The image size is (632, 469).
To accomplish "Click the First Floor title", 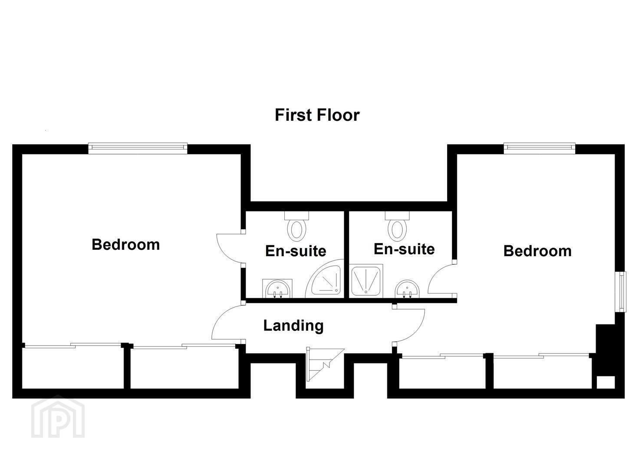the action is tap(317, 115).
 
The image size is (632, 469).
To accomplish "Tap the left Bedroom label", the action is tap(125, 244).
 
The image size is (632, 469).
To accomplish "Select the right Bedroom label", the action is tap(537, 251).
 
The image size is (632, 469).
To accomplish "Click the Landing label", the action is tap(293, 326).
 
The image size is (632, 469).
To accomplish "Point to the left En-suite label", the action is tap(296, 251).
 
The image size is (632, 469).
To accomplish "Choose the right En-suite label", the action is tap(404, 249).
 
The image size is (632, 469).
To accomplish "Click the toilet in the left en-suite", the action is tap(296, 225).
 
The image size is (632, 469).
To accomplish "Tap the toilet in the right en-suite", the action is tap(397, 225).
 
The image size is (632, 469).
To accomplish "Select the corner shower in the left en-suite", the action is tap(325, 279).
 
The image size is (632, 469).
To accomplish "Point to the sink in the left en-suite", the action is tap(277, 289).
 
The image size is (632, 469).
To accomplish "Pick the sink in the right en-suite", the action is tap(407, 289).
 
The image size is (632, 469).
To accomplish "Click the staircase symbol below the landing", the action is tap(325, 364).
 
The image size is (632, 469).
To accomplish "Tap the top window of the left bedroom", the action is tap(138, 148).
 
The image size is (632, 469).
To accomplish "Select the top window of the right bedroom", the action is tap(540, 148).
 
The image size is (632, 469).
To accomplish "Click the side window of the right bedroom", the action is tap(620, 292).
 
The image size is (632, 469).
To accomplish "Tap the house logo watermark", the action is tap(58, 417).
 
